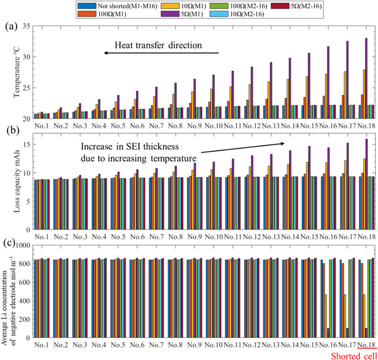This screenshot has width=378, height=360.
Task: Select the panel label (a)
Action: point(11,26)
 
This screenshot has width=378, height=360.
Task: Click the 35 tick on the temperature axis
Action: point(26,27)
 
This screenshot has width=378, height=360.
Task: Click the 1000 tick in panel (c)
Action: point(22,245)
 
